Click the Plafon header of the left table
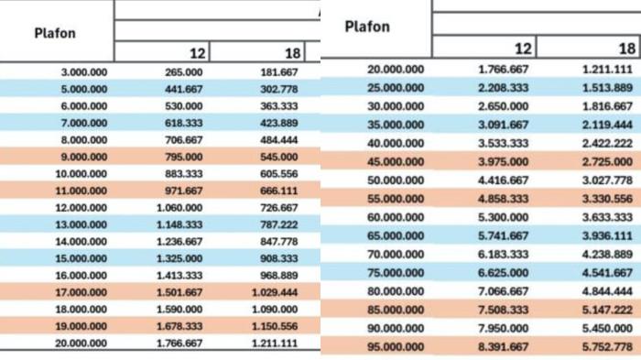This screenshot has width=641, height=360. tap(55, 33)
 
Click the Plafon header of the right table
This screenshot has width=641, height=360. tap(367, 27)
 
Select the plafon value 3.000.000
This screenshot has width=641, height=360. tap(84, 72)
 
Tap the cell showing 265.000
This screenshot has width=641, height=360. tap(183, 72)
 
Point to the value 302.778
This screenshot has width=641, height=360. tap(278, 89)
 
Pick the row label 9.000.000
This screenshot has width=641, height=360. tap(84, 157)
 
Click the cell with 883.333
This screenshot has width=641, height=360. tap(183, 174)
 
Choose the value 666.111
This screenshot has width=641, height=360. tap(278, 191)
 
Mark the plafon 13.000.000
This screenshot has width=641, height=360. tap(81, 224)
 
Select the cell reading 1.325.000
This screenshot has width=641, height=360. tap(179, 258)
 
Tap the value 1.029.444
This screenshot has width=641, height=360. tap(275, 292)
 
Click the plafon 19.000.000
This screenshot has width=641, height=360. tap(81, 326)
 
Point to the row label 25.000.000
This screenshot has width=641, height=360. tap(396, 88)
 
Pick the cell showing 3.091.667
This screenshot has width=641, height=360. tap(504, 125)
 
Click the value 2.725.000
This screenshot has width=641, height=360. tap(607, 161)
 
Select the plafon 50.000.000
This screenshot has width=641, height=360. tap(396, 180)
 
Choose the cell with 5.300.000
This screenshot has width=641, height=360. tap(504, 217)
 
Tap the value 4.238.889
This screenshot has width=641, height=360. tap(607, 255)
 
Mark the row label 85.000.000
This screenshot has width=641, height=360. tap(396, 310)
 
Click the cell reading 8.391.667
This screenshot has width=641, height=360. tap(504, 347)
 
